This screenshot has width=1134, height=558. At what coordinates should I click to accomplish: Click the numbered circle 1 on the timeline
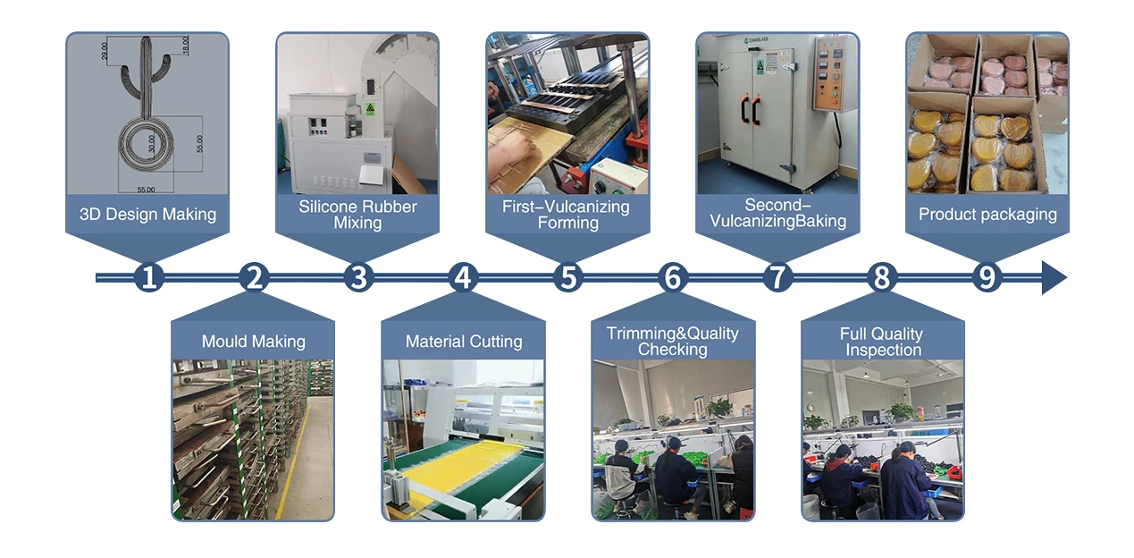(149, 278)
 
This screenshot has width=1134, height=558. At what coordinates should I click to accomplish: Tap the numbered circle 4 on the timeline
(462, 278)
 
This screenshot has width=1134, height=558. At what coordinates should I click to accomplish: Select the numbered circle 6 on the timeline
(672, 278)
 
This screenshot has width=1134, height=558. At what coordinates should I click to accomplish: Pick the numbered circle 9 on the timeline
(987, 278)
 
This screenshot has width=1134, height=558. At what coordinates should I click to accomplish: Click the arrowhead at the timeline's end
(1054, 278)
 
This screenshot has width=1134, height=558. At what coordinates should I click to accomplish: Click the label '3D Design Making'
(147, 215)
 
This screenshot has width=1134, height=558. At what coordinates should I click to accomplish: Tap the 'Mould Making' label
(253, 342)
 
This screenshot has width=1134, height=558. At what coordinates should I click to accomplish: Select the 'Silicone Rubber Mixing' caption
(357, 215)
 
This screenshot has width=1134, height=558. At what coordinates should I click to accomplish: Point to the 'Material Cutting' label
(463, 342)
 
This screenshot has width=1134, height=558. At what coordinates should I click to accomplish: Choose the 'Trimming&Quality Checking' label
(672, 341)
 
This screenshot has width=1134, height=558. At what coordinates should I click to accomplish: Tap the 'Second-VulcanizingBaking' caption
(777, 214)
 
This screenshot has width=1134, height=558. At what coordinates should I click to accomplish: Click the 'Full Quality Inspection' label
(882, 341)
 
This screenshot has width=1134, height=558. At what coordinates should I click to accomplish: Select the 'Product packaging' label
(987, 215)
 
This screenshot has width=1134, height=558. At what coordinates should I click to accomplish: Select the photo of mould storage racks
(253, 439)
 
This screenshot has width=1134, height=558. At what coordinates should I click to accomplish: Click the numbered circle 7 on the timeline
(777, 278)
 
